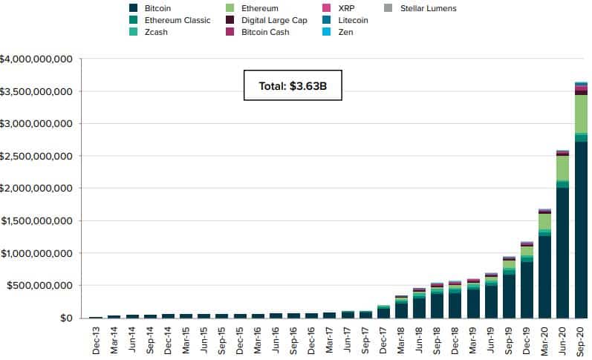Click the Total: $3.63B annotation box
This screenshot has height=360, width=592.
293,86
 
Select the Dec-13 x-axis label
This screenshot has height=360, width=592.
96,338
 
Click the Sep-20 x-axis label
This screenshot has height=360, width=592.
582,338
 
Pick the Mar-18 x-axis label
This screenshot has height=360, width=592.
403,338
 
